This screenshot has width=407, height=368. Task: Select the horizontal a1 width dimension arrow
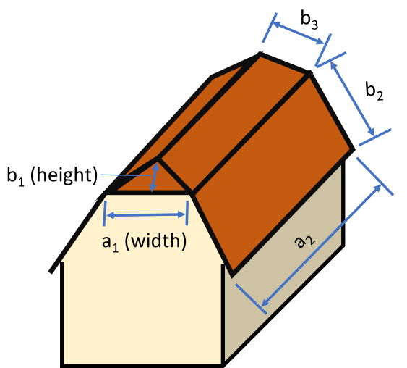click(146, 215)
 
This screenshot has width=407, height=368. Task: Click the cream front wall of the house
click(141, 311)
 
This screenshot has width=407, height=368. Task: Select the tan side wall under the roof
click(289, 275)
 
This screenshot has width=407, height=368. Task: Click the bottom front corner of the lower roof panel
click(232, 275)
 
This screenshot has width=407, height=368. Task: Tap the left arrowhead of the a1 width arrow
click(108, 214)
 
